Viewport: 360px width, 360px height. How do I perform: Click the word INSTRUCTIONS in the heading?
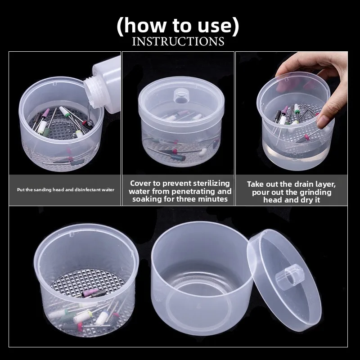pyautogui.click(x=178, y=41)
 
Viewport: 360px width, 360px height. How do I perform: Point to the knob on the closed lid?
pyautogui.click(x=181, y=96)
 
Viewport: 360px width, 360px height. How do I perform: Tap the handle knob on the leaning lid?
pyautogui.click(x=290, y=274)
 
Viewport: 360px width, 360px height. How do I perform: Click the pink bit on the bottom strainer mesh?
pyautogui.click(x=90, y=292)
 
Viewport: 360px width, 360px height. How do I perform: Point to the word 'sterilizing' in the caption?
pyautogui.click(x=211, y=184)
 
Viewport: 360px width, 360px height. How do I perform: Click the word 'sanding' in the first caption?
pyautogui.click(x=44, y=190)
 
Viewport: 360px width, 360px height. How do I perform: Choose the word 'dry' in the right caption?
pyautogui.click(x=307, y=200)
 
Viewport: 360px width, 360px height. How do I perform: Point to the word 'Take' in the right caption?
pyautogui.click(x=255, y=184)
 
